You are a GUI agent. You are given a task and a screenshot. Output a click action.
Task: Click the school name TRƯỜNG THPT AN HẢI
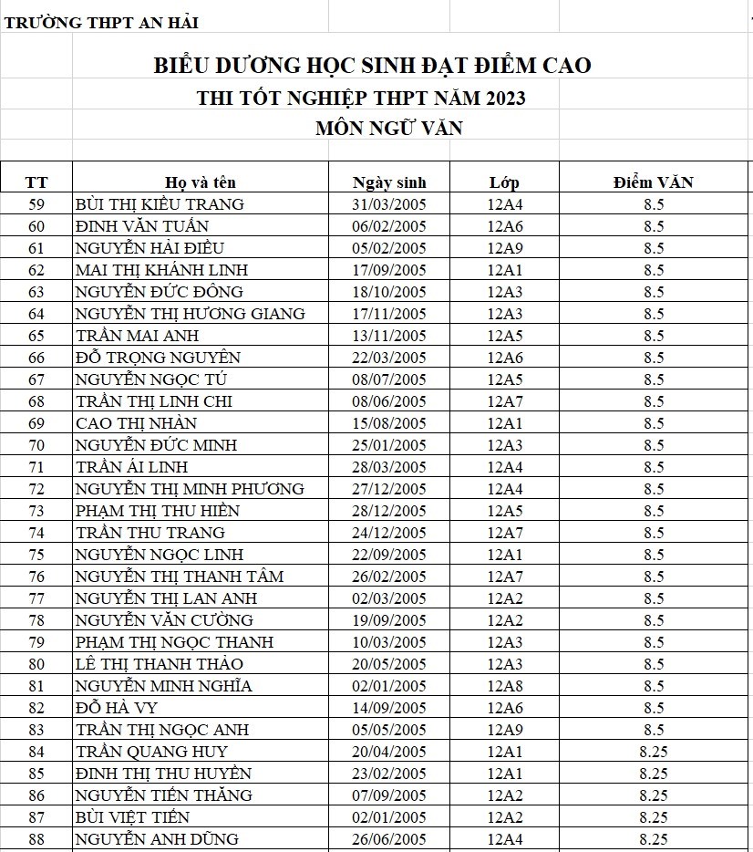101,23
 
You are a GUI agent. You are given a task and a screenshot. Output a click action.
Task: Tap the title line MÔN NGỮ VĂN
388,129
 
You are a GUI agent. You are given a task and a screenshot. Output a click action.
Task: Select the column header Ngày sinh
389,182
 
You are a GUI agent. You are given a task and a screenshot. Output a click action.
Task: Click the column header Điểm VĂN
653,182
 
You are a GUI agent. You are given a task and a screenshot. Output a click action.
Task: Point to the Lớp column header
504,182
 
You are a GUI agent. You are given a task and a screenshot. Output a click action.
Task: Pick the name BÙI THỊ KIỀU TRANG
160,204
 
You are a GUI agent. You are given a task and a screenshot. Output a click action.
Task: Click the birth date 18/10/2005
389,292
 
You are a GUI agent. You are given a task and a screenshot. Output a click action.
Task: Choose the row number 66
36,358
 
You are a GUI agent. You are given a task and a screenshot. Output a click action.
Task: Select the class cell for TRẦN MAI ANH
504,336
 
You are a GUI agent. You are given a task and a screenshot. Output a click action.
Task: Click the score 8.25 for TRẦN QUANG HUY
653,752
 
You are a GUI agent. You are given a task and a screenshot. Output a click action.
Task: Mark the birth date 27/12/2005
389,489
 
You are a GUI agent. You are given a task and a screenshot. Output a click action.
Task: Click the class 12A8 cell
504,686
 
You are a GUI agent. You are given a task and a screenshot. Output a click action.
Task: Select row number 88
36,839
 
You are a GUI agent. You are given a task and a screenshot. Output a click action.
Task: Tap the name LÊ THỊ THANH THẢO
160,664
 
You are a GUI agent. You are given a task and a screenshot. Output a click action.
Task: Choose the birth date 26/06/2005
389,839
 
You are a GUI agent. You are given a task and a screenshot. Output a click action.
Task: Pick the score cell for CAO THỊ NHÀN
653,423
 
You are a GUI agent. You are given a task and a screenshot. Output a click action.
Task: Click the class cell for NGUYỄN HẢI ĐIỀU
504,248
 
